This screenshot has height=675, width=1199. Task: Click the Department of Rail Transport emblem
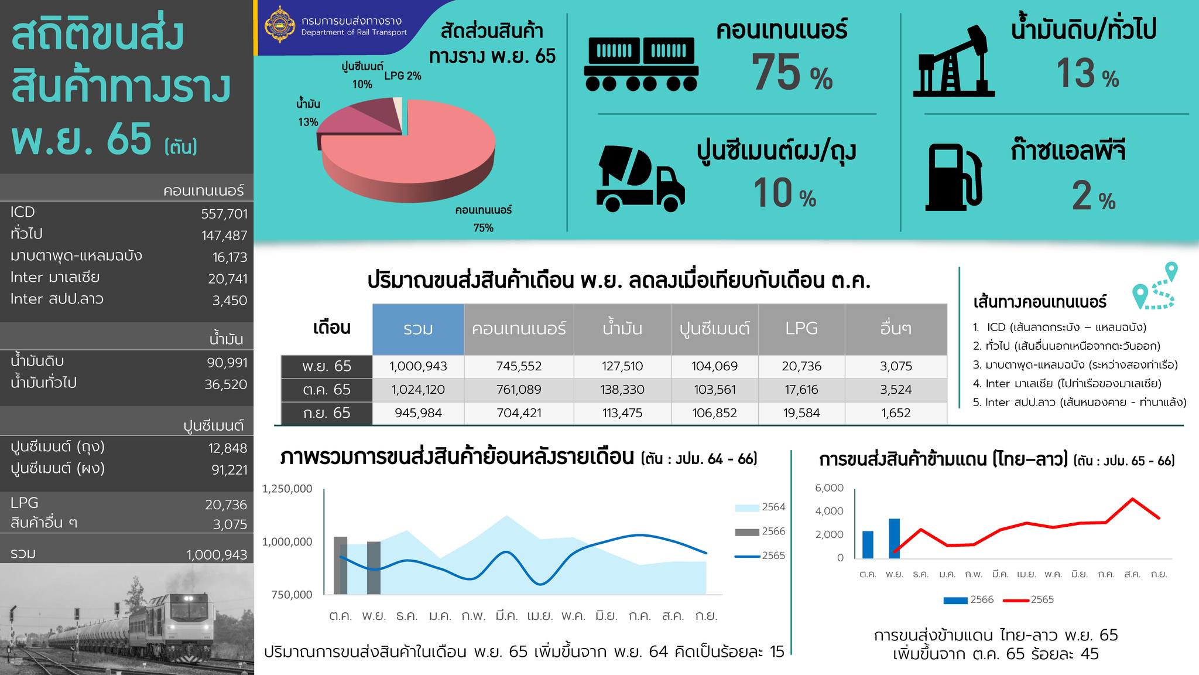coord(279,24)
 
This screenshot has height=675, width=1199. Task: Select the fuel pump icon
coord(953,177)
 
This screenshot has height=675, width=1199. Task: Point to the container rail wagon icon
coord(641,65)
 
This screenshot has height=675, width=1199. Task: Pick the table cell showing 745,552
coord(519,366)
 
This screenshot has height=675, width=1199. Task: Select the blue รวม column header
coord(418,329)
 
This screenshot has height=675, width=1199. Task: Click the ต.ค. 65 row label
coord(326,390)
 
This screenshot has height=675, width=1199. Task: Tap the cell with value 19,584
coord(801,413)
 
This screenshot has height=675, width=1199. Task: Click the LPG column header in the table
coord(801,329)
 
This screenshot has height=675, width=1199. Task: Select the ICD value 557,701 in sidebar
coord(224,214)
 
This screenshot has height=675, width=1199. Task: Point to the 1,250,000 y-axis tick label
coord(287,489)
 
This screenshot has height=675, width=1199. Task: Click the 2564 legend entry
coord(760,507)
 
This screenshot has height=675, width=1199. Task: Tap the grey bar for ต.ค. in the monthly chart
coord(340,565)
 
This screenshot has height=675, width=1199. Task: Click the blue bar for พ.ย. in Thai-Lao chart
coord(894,538)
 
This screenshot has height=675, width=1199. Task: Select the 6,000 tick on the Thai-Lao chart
coord(829,488)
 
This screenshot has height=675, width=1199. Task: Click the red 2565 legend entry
coord(1028,600)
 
